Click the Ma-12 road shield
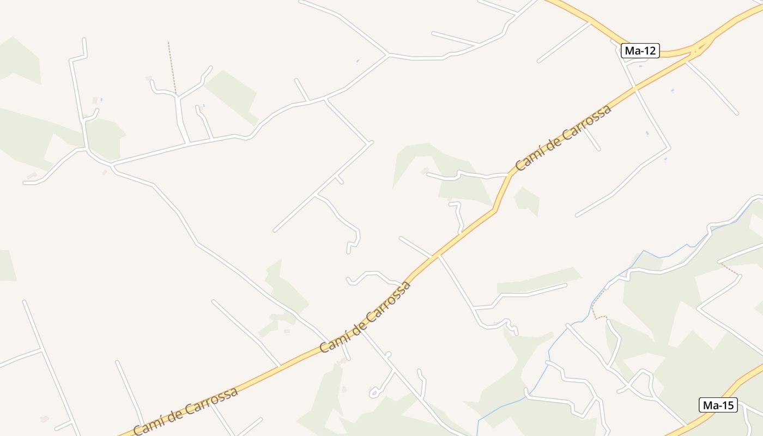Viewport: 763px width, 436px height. point(640,51)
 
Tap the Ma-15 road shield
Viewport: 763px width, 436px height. point(718,405)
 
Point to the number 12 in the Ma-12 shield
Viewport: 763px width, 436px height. point(649,51)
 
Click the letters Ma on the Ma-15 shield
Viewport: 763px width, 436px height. point(710,405)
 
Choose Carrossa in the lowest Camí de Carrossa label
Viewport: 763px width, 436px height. point(212,401)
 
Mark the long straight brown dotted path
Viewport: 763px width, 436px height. point(172,68)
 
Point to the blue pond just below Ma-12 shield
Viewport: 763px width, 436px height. point(640,66)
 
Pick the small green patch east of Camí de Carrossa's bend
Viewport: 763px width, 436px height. point(527,200)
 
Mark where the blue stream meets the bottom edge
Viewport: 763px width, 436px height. point(477,434)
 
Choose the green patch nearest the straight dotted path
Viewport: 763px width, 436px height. point(232,95)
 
